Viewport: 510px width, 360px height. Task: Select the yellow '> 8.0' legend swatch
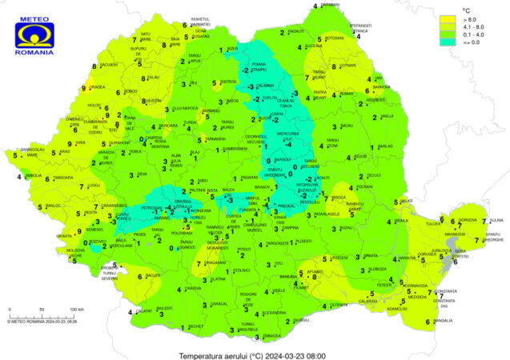pyautogui.click(x=447, y=15)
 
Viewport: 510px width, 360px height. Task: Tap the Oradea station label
pyautogui.click(x=97, y=86)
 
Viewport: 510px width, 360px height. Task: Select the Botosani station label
pyautogui.click(x=335, y=38)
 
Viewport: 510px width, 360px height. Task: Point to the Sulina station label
pyautogui.click(x=496, y=218)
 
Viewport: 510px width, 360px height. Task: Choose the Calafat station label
pyautogui.click(x=144, y=311)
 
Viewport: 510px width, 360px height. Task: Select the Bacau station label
pyautogui.click(x=347, y=126)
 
